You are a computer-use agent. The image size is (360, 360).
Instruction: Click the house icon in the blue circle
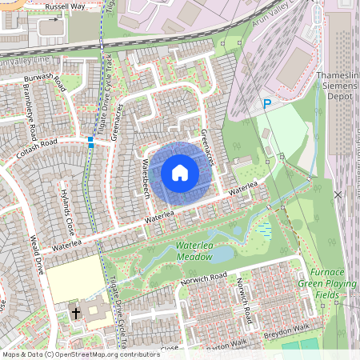180,172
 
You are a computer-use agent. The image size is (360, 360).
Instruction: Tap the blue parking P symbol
268,103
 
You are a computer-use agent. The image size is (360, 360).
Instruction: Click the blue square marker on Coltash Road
91,144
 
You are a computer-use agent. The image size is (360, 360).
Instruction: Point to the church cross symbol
77,312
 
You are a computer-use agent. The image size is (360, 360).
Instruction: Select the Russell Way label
66,6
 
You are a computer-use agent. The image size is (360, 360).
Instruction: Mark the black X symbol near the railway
338,194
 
